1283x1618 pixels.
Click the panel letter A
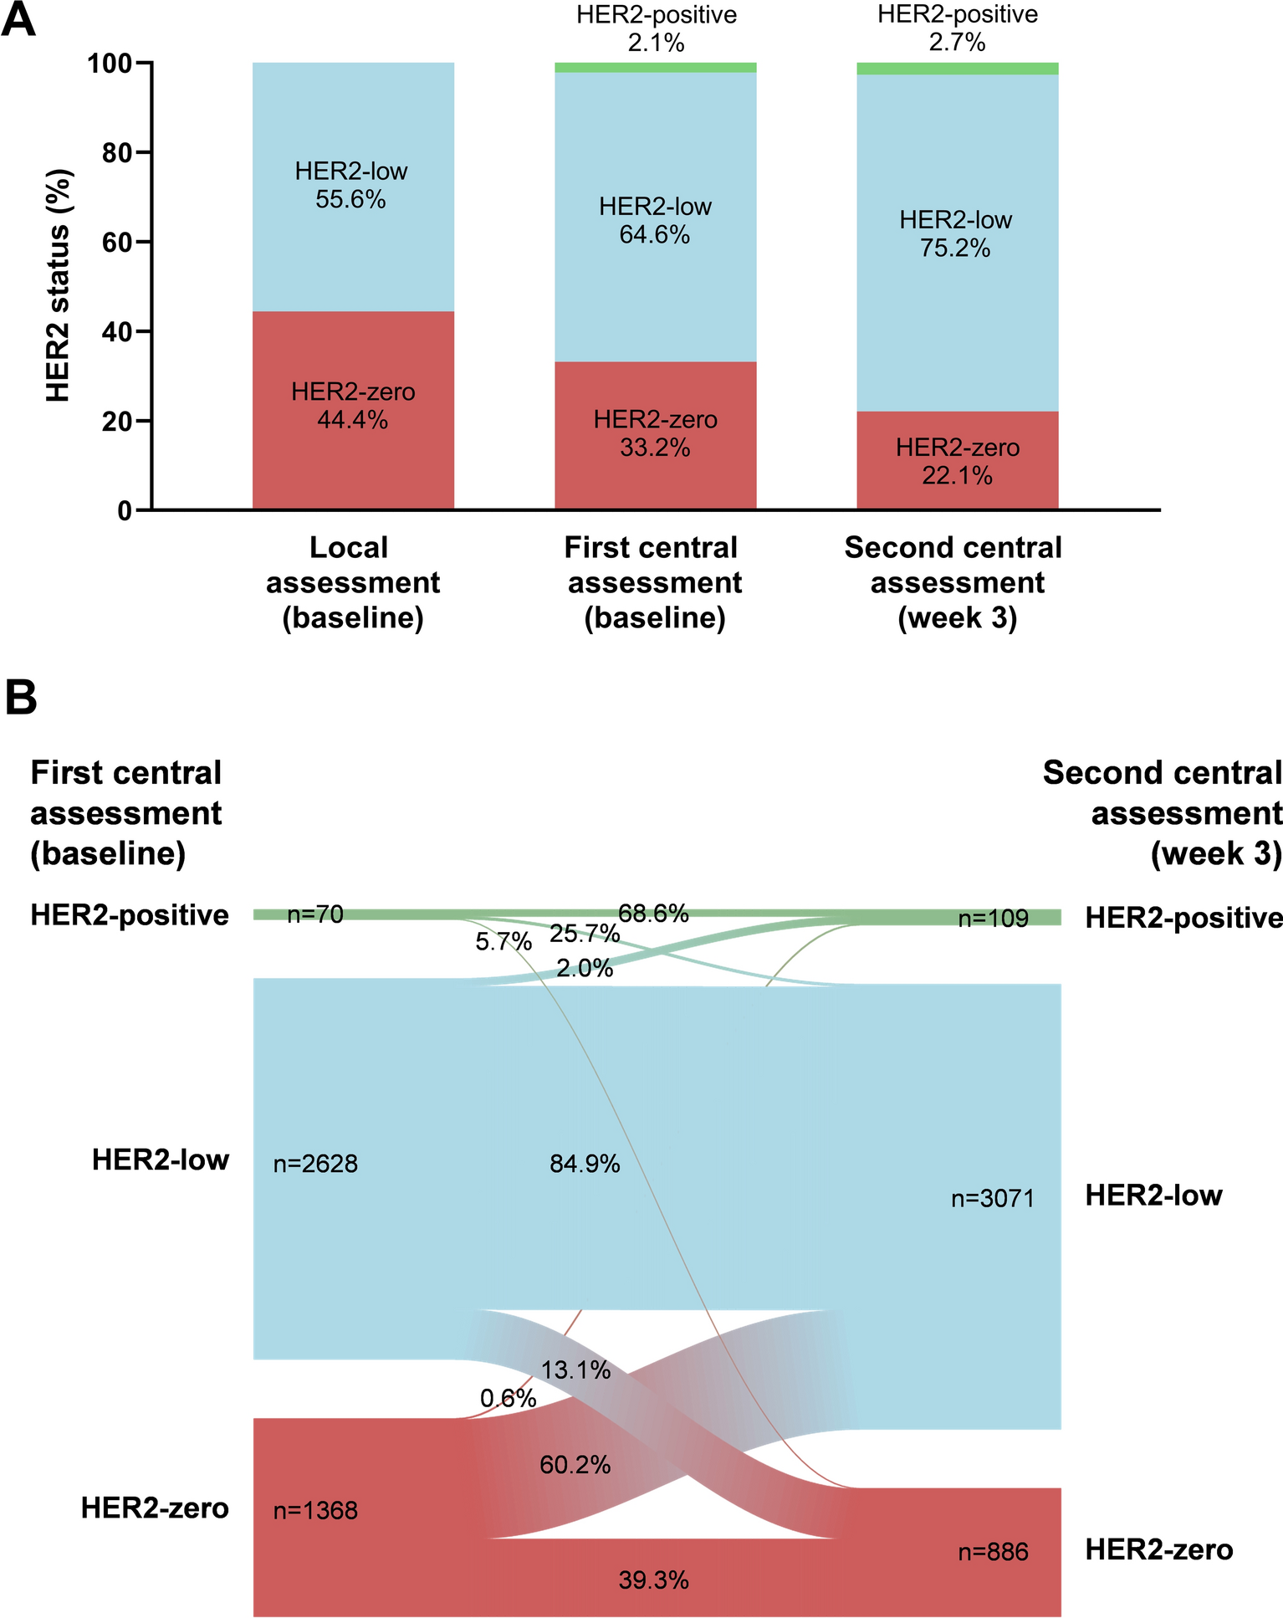point(19,18)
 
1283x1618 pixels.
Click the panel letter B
point(21,697)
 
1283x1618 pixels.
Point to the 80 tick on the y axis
point(123,152)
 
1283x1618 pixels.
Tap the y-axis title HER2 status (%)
point(58,285)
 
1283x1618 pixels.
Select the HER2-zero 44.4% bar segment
point(353,410)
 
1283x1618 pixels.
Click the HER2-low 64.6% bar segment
point(655,218)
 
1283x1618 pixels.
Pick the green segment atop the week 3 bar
point(958,69)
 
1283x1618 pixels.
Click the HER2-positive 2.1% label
point(657,28)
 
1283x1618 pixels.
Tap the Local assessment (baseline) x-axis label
point(352,582)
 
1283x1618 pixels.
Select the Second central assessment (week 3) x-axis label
point(953,582)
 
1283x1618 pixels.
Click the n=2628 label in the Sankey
point(315,1164)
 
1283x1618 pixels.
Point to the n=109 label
point(993,919)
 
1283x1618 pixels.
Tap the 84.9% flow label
point(585,1164)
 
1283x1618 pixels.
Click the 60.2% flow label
point(575,1465)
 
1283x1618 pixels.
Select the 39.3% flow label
point(654,1580)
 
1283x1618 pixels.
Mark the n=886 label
point(994,1553)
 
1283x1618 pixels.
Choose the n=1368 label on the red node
point(315,1511)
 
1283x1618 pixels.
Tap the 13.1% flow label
point(575,1370)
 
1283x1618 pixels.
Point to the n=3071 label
point(993,1199)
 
